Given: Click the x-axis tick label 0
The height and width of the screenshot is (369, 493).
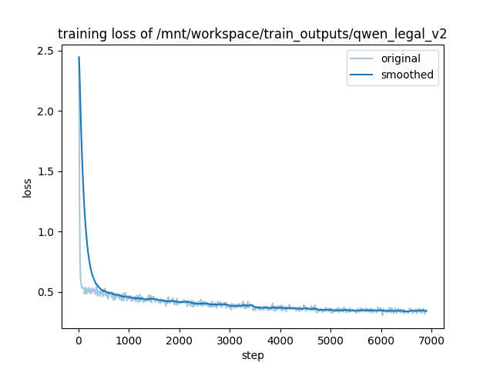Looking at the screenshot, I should point(79,341).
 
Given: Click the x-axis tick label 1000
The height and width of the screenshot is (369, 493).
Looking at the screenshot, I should point(129,341).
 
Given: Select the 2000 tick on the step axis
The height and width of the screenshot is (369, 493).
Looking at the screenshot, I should point(179,341).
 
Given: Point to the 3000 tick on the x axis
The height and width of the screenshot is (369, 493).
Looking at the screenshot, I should point(230,341).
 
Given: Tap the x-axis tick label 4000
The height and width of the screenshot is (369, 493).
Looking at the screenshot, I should point(280,341).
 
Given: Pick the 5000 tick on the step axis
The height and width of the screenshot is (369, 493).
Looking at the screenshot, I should point(330,341).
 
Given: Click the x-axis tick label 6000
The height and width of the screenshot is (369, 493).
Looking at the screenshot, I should point(381,341).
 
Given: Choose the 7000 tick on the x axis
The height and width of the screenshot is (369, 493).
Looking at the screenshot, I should point(431,341).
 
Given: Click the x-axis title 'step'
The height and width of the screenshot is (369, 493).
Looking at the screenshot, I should point(253,355).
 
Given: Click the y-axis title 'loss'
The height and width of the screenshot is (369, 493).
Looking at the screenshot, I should point(27,188).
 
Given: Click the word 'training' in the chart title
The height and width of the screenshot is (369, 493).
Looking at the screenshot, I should point(82,34).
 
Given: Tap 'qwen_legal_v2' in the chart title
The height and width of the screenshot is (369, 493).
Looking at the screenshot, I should point(406,34).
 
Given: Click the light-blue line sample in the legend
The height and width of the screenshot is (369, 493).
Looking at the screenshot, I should point(362,59).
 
